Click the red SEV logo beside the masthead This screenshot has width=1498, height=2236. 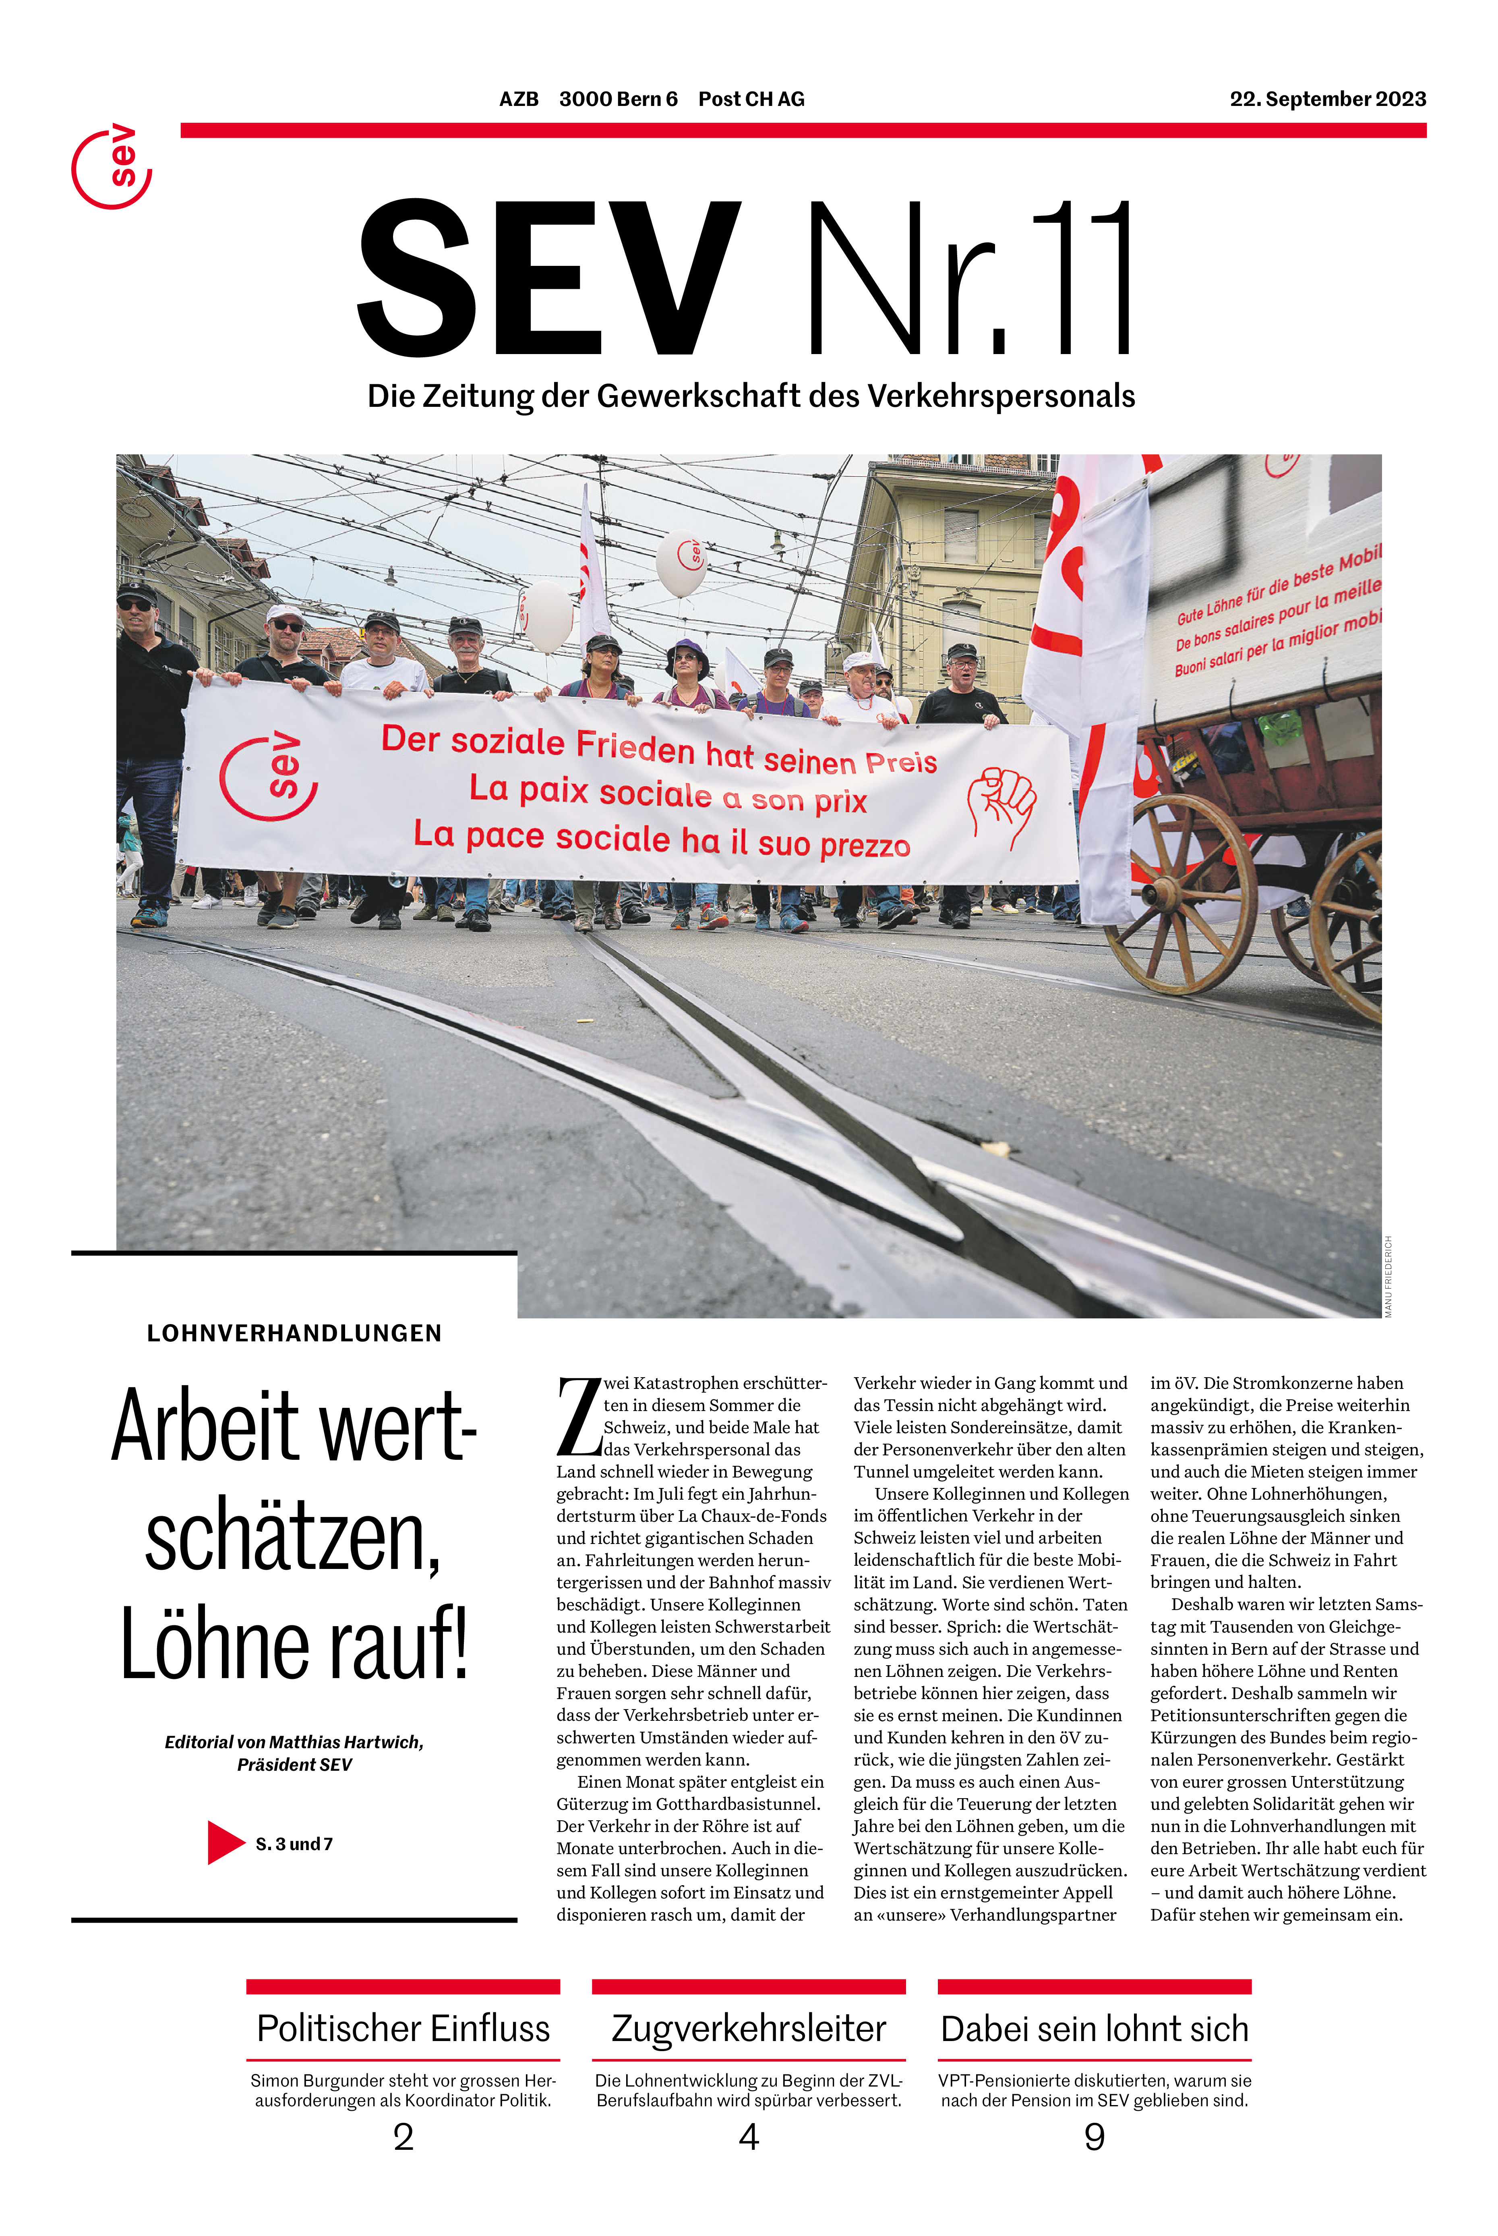click(x=112, y=167)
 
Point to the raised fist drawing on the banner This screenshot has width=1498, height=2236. click(x=1001, y=806)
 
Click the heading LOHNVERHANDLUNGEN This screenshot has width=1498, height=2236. click(x=294, y=1333)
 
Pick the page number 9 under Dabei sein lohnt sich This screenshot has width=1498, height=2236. click(x=1095, y=2137)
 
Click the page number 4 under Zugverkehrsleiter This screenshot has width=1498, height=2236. click(x=749, y=2137)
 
